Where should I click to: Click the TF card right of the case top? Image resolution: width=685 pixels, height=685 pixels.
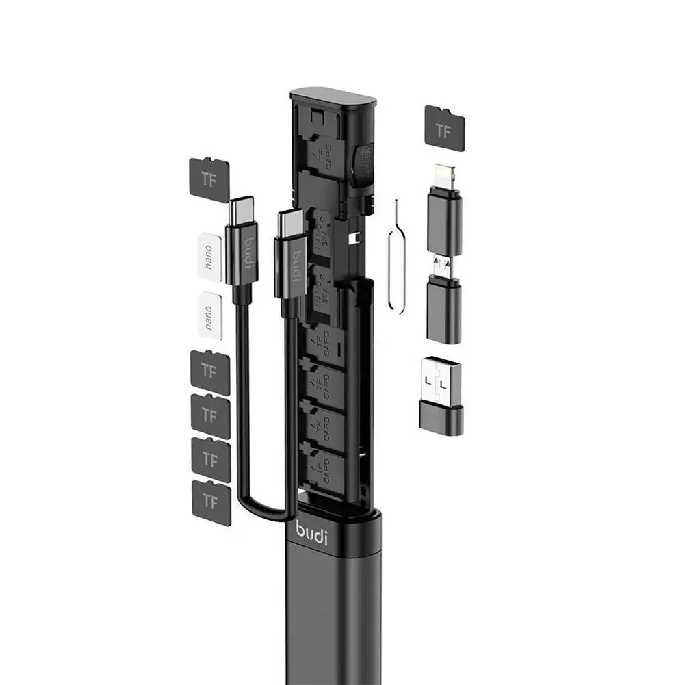[445, 126]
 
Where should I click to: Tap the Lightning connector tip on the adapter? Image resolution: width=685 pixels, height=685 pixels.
[444, 177]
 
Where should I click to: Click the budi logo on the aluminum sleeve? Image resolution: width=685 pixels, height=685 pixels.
[311, 531]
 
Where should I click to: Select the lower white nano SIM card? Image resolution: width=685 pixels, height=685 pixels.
[209, 313]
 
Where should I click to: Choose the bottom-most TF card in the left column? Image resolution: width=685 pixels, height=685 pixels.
[211, 502]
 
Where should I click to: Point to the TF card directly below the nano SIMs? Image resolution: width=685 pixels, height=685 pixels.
[210, 372]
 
